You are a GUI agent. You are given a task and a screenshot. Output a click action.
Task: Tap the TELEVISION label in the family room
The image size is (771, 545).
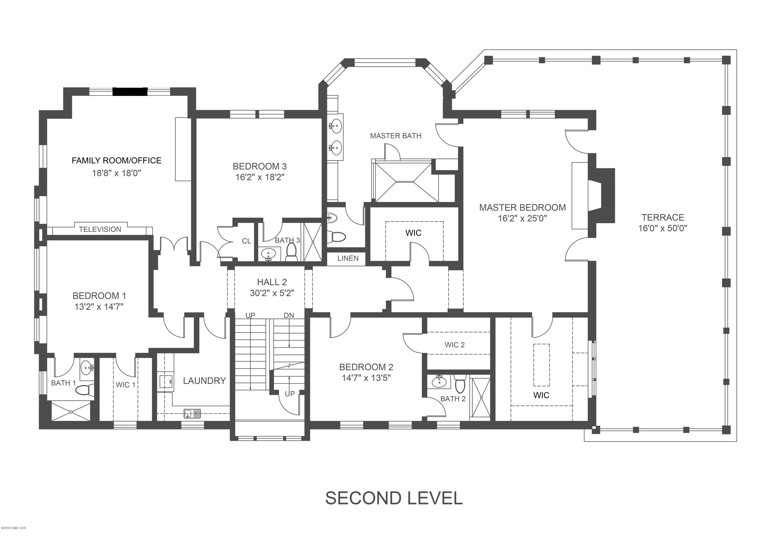coord(100,229)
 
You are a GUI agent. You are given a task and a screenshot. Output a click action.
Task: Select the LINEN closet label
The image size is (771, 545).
coord(348,258)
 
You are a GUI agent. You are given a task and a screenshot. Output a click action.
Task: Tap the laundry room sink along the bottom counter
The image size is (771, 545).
coord(192,414)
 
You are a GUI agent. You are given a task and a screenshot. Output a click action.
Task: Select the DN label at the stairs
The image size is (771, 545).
coord(289,315)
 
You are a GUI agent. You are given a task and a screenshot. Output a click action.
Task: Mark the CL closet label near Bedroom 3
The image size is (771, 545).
coord(246,241)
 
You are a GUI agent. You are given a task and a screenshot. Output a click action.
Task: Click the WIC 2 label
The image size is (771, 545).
coord(455,345)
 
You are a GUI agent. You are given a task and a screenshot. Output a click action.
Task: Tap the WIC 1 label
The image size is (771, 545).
coord(126,385)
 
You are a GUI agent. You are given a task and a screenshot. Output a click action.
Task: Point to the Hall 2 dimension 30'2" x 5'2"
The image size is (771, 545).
coord(272,293)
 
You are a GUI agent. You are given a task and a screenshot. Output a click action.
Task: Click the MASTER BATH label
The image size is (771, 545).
coord(396,136)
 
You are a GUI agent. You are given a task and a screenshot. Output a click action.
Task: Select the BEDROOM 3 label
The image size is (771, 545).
coord(260,166)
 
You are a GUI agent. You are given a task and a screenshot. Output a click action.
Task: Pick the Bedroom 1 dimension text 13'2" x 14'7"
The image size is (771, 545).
coord(99,307)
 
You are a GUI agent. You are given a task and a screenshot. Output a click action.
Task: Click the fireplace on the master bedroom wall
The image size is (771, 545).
coord(601,196)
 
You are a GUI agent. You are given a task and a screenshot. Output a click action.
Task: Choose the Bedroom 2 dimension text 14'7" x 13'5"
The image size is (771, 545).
coord(366,378)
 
